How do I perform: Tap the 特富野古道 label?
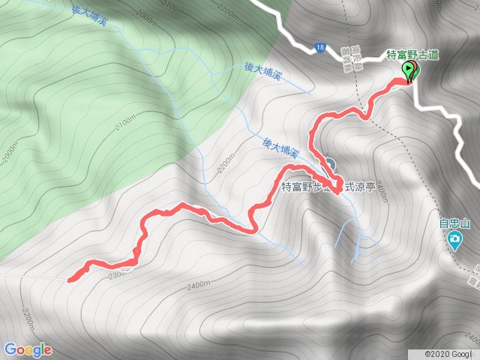pyautogui.click(x=412, y=55)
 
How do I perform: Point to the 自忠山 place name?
pyautogui.click(x=454, y=223)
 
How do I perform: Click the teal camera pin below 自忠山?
pyautogui.click(x=454, y=240)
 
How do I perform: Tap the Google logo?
pyautogui.click(x=28, y=349)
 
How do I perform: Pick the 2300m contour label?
pyautogui.click(x=118, y=274)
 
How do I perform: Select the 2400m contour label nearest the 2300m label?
pyautogui.click(x=197, y=285)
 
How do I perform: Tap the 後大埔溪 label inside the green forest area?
pyautogui.click(x=90, y=16)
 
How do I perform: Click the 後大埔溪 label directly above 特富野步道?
pyautogui.click(x=281, y=146)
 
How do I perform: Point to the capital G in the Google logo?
pyautogui.click(x=10, y=349)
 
